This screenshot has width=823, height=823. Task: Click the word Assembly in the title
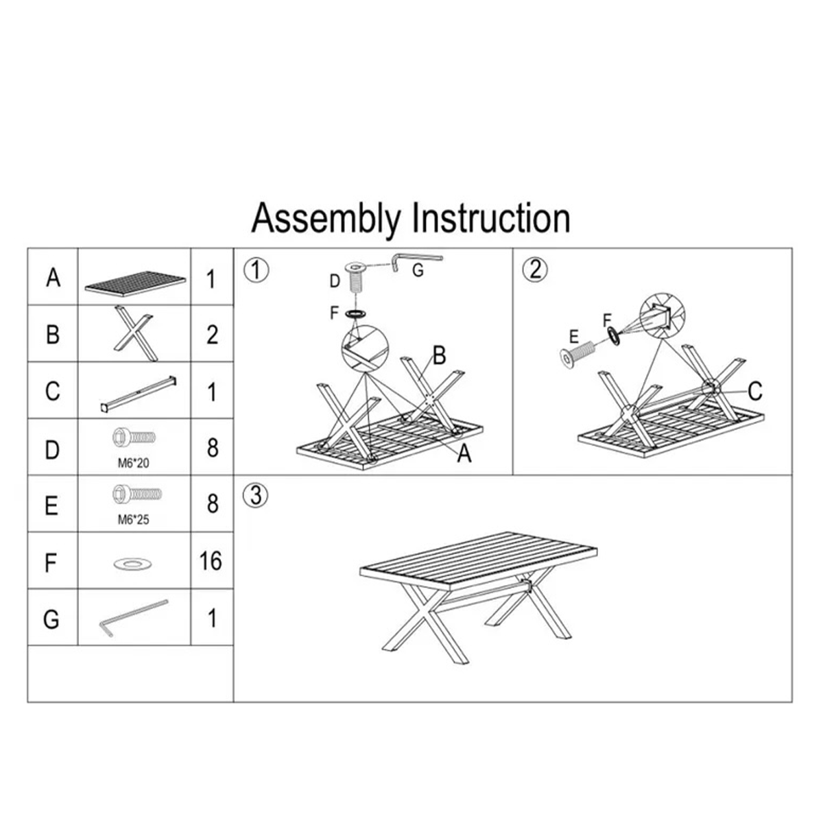coord(326,219)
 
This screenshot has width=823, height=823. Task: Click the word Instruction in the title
coord(491,218)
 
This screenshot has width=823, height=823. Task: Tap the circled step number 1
coord(257,270)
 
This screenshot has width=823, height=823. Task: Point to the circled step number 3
coord(255,495)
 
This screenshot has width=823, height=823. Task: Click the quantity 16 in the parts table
coord(211,561)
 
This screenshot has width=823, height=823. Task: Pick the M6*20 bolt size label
coord(134,463)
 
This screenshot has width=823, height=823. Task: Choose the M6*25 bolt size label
coord(134,520)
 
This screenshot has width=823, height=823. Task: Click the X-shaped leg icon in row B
coord(134,333)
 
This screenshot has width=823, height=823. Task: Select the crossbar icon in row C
coord(139,394)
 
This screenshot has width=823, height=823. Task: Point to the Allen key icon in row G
coord(134,618)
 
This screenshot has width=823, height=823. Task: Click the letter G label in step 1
coord(418,270)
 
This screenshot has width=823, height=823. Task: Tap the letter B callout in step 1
coord(439,355)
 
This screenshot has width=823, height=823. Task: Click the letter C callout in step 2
coord(755,391)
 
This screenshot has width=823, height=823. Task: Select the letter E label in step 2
coord(574,337)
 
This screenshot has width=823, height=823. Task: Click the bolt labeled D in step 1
coord(355,277)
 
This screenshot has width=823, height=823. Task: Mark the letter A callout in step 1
coord(464,453)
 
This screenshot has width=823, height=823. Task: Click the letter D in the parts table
coord(52,450)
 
